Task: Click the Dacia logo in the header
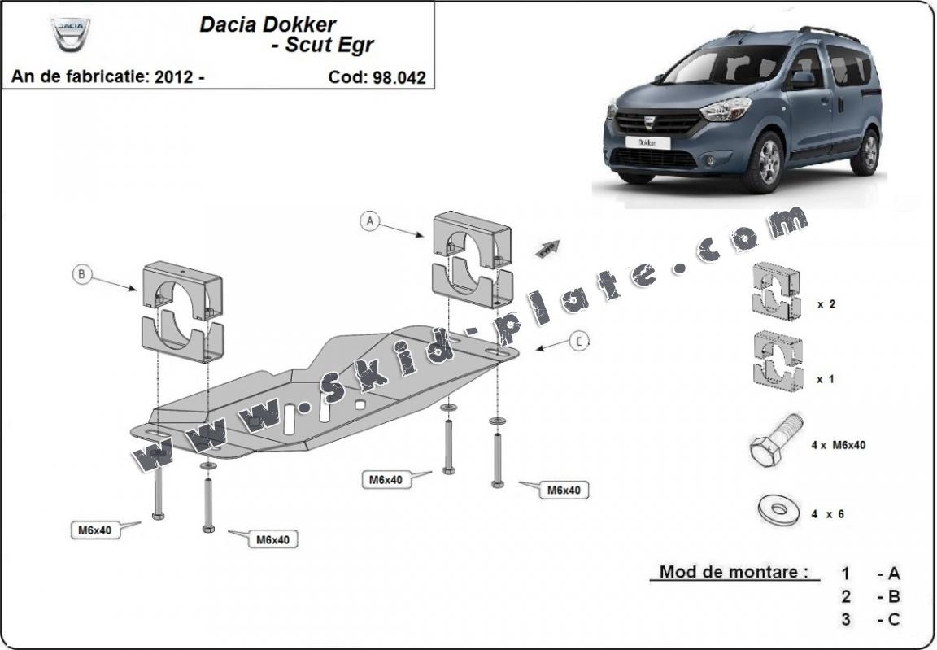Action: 71,35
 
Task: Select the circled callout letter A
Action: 371,220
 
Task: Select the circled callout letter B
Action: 81,275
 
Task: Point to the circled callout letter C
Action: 578,342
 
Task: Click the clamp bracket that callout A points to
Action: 473,259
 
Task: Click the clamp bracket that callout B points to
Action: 182,309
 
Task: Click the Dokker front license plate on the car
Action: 647,142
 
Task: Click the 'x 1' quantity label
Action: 826,378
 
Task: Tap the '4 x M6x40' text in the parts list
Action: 838,445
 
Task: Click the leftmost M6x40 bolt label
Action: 94,530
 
